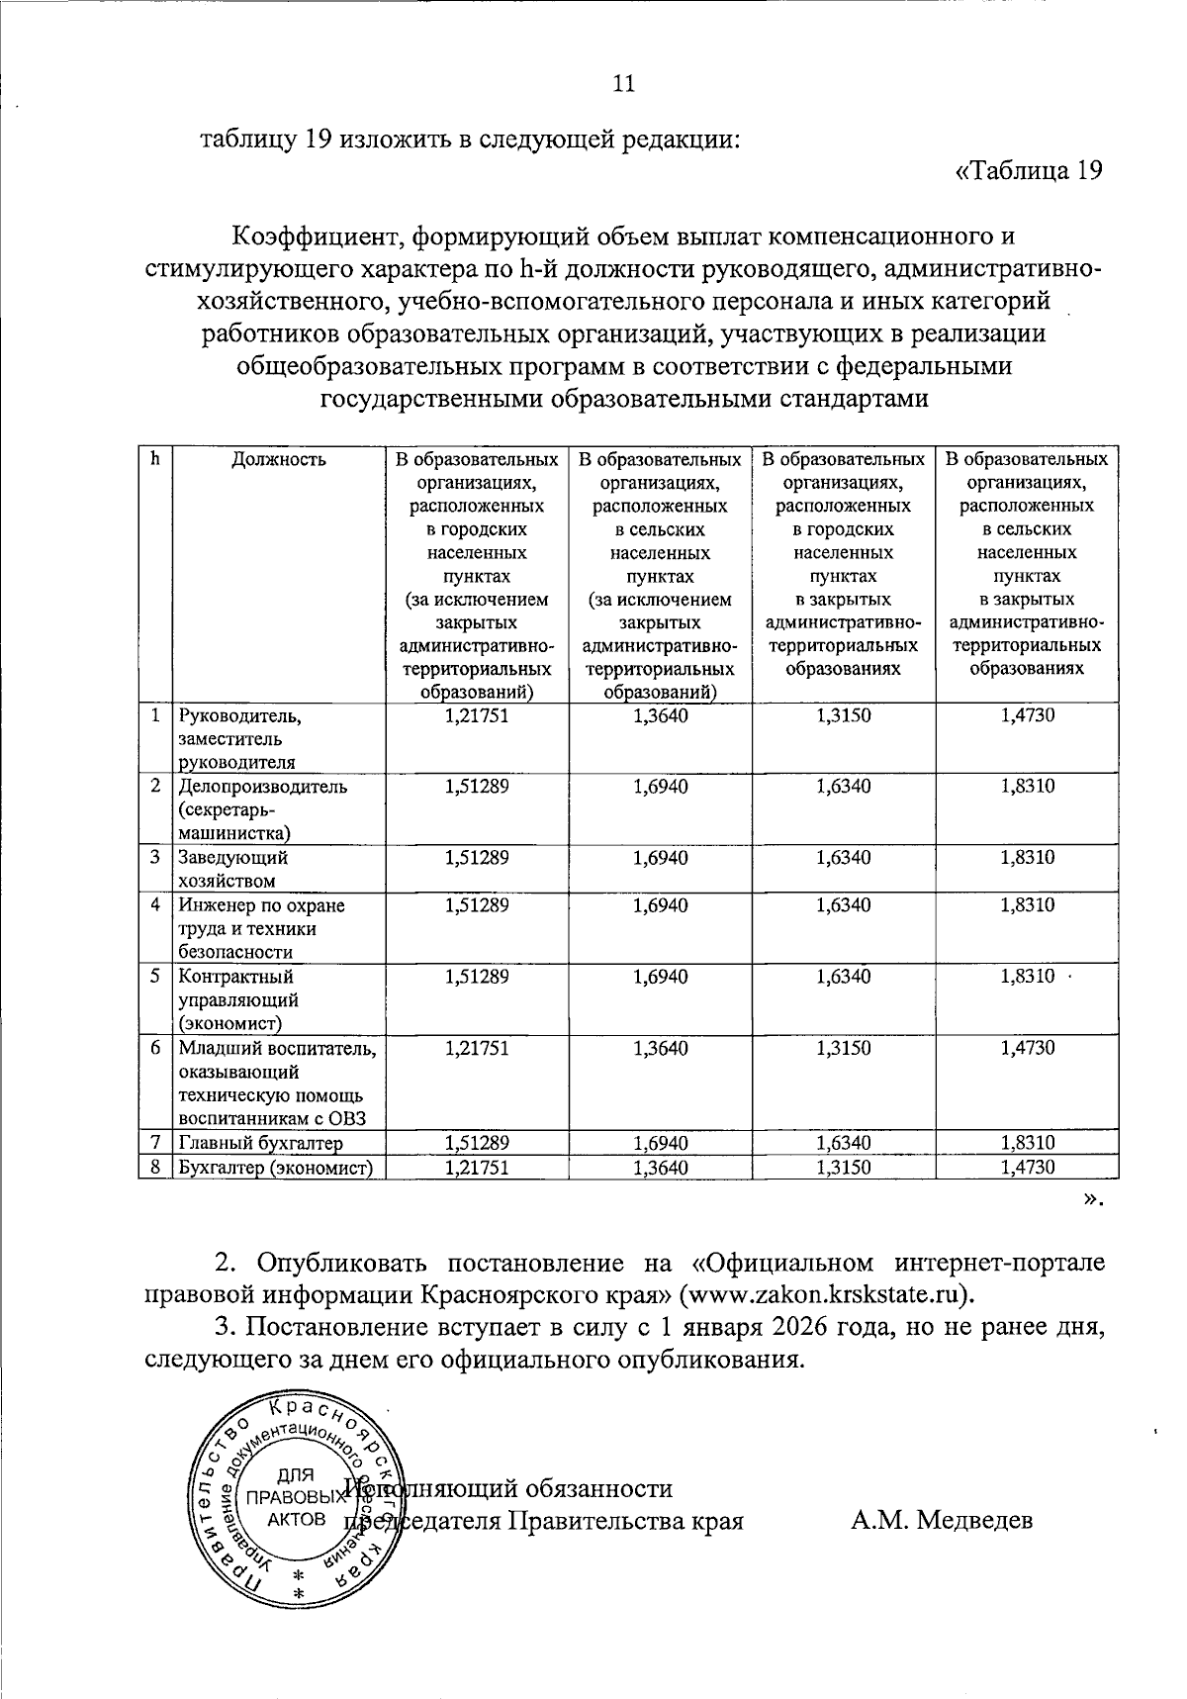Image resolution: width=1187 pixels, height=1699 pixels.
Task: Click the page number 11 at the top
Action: (622, 83)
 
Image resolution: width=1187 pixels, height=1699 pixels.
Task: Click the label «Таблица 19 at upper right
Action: (1028, 170)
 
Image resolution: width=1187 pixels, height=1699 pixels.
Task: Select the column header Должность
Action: (279, 459)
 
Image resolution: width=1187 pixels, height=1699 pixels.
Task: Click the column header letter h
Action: (155, 458)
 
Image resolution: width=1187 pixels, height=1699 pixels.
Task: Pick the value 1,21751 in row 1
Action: (477, 714)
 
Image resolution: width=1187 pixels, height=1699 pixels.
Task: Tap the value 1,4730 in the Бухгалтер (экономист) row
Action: (1027, 1168)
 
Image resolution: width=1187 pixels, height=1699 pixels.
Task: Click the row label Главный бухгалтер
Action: (262, 1144)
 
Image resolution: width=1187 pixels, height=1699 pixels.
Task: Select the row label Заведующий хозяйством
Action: (233, 869)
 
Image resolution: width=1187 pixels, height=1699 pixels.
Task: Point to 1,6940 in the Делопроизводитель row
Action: (660, 786)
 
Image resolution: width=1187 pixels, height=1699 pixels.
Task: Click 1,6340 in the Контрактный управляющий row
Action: (844, 977)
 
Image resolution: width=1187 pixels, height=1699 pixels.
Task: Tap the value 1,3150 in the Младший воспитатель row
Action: (844, 1048)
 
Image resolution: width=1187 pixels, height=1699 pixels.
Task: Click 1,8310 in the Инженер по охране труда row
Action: (1027, 904)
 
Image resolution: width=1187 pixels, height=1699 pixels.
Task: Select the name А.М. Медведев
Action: (942, 1519)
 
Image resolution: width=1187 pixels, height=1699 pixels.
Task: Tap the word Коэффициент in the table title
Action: (316, 236)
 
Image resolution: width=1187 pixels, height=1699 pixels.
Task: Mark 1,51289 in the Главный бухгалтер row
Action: (477, 1144)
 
